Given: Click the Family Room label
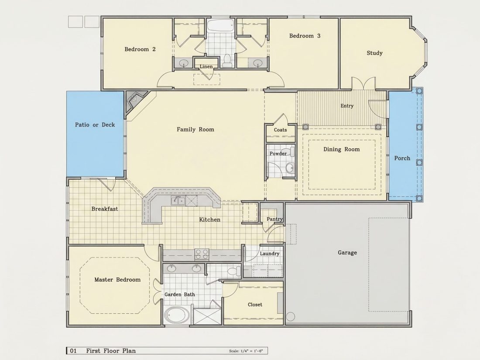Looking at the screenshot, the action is point(195,130).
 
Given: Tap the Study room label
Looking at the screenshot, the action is point(375,53).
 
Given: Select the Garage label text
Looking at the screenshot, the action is point(347,253).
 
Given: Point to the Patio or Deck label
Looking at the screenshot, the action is point(95,125).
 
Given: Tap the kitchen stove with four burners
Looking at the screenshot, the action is point(202,254).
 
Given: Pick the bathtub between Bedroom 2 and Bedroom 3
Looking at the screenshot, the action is point(220,25).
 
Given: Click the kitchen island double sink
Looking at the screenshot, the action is point(178,201).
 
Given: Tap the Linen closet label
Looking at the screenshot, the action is point(206,66).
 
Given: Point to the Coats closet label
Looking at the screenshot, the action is point(281,130).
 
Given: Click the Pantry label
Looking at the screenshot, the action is point(274,219).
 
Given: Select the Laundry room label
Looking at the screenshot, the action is point(269,254).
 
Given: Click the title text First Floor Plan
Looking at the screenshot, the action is point(111,351).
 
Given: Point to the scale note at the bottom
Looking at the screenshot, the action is point(246,351).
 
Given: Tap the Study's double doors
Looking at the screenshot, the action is point(363,83).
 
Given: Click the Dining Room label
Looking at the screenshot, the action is point(342,149).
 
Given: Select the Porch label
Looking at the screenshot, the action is point(402,158).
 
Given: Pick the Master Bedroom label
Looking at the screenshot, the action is point(117,279).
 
